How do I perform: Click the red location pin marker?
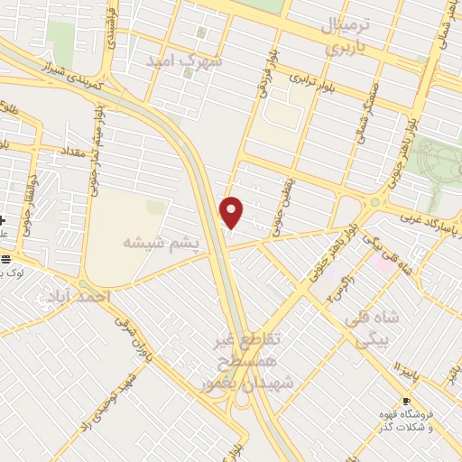pyautogui.click(x=232, y=212)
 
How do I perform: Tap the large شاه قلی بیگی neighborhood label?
pyautogui.click(x=379, y=330)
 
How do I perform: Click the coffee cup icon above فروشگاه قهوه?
pyautogui.click(x=405, y=401)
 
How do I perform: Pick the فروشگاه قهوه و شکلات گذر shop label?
pyautogui.click(x=405, y=419)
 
